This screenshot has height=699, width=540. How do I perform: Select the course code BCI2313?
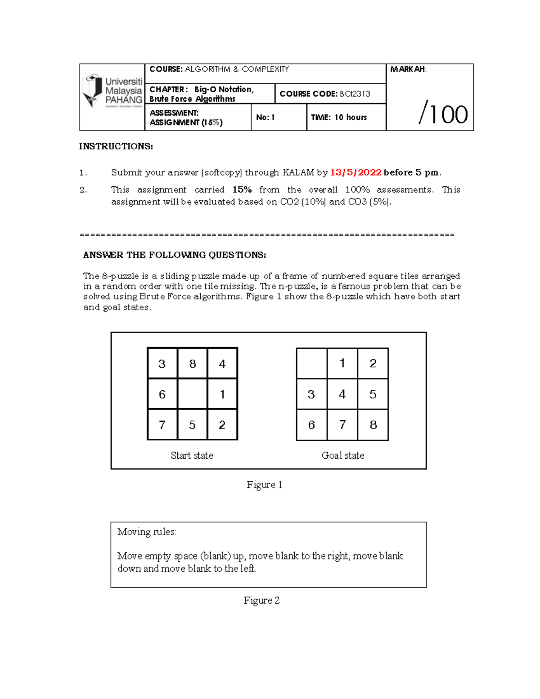[355, 94]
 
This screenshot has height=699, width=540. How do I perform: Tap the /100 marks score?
[443, 114]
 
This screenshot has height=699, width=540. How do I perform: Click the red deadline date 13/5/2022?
[355, 172]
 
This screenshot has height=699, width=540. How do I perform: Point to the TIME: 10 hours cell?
[339, 117]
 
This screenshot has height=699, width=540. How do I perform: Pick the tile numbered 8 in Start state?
[193, 364]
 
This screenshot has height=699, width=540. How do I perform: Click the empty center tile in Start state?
[193, 394]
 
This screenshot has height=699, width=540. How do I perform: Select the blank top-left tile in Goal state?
[311, 363]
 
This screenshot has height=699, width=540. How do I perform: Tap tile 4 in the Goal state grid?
[342, 394]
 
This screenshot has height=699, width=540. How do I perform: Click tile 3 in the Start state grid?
[162, 364]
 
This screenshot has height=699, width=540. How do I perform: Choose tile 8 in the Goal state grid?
[373, 425]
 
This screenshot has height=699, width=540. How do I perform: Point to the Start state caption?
[192, 455]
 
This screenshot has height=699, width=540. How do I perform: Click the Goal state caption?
[343, 455]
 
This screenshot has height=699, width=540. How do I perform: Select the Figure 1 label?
[264, 485]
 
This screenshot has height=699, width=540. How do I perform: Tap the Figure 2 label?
[261, 600]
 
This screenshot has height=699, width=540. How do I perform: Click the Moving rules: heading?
[147, 532]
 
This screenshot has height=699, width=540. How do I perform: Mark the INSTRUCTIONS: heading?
[116, 146]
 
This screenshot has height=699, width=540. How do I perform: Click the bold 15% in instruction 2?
[242, 190]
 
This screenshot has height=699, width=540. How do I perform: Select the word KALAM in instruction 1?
[298, 172]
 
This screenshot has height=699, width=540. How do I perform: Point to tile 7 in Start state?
[162, 425]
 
